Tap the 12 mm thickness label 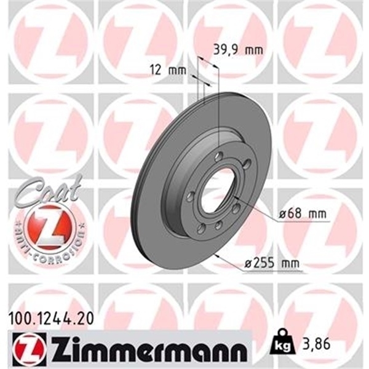pos(167,70)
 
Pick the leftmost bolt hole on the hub pos(191,197)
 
